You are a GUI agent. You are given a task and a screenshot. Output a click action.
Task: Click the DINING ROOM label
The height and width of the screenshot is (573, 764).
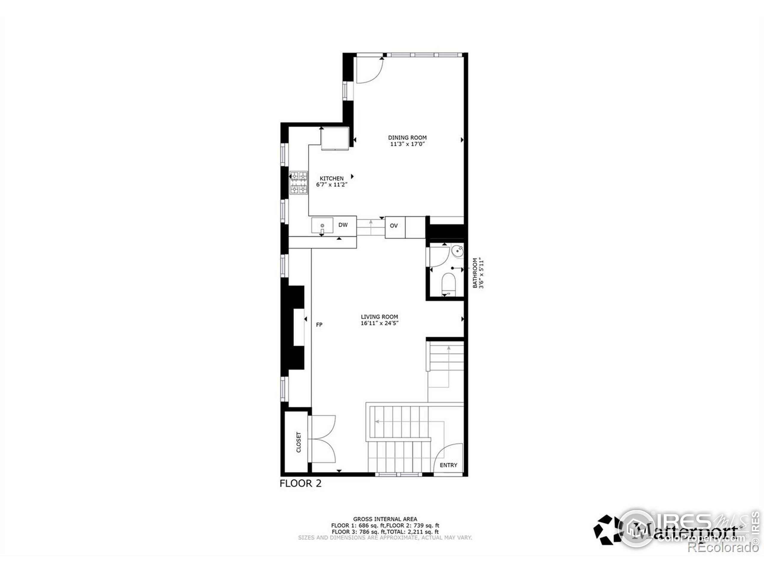click(x=407, y=138)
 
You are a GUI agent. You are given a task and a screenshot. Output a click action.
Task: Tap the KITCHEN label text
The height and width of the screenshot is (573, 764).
click(x=332, y=178)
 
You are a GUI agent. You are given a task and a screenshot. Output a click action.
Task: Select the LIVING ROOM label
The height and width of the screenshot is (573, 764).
click(x=379, y=316)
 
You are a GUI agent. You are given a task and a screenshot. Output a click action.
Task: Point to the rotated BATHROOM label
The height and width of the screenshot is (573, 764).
click(x=475, y=273)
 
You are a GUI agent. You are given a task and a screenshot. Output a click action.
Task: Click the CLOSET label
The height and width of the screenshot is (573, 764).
click(x=299, y=443)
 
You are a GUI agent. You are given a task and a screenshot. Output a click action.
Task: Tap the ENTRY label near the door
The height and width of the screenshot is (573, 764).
click(x=448, y=465)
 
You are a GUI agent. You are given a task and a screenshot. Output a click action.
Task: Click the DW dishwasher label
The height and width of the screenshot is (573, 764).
click(x=343, y=225)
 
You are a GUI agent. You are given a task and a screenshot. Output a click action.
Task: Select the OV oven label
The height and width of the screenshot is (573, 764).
click(x=394, y=226)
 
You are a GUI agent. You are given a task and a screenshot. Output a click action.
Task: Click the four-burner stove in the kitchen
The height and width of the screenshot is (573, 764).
click(x=299, y=183)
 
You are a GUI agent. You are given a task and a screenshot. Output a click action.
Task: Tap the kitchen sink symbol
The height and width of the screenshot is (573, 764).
click(x=322, y=226)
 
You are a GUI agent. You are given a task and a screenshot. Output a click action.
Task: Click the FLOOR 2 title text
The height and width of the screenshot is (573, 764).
click(x=301, y=483)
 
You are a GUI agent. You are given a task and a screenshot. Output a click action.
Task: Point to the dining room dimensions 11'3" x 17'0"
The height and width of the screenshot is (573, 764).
click(x=407, y=144)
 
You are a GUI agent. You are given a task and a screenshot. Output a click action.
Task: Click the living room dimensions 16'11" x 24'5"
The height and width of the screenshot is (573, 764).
click(x=379, y=323)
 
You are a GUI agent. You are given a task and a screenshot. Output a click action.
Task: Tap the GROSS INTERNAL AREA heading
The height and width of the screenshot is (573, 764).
click(x=385, y=519)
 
